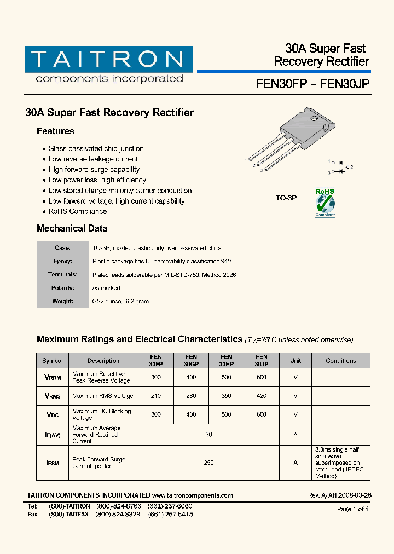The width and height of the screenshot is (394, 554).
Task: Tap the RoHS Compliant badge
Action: coord(325,203)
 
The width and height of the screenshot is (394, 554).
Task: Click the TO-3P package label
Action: coord(286,198)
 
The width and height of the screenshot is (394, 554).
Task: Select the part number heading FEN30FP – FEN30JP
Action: coord(312,84)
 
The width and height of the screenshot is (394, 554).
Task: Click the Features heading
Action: coord(55,131)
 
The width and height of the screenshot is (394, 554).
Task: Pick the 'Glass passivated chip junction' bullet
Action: coord(96,149)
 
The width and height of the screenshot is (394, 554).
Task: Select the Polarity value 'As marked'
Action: coord(106,288)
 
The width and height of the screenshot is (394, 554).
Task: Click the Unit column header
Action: coord(296,361)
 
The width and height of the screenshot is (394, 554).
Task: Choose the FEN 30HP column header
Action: coord(226,360)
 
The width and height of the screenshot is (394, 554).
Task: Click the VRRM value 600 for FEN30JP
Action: coord(262,377)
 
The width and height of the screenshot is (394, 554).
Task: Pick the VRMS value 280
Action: coord(191,396)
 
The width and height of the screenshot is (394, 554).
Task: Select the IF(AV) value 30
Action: coord(208,434)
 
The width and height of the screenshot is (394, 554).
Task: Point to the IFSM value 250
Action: coord(208,463)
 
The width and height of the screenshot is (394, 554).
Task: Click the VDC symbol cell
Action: coord(53,415)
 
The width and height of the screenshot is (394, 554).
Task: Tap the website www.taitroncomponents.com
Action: coord(192,495)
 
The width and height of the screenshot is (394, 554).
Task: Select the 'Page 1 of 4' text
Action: coord(353,509)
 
